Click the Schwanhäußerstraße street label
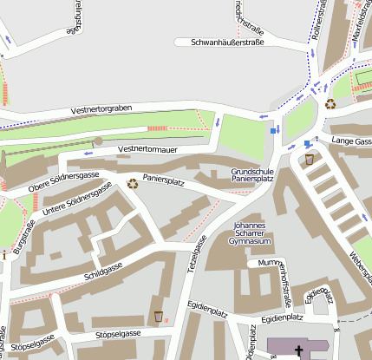[x=219, y=42]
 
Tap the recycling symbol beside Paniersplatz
[x=133, y=183]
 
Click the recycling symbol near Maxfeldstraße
[x=330, y=104]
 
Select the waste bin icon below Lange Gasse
[x=310, y=159]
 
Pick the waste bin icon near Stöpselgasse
[x=158, y=316]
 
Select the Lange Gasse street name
[x=350, y=140]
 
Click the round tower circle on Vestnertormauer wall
[x=98, y=141]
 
